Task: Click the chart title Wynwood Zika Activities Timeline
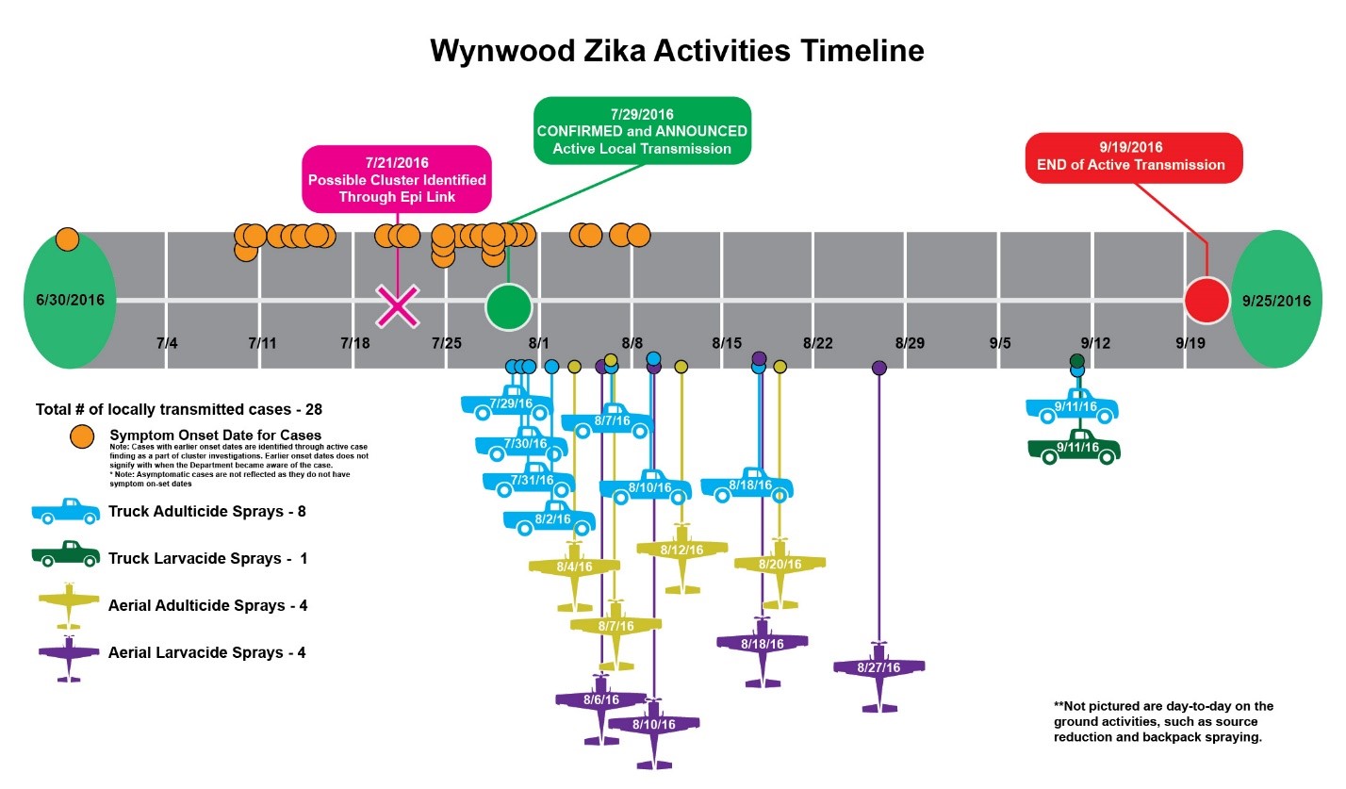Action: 677,51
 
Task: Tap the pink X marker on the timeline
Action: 398,305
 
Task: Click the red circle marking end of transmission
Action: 1206,301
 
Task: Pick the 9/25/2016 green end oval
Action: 1276,301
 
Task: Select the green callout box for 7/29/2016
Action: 642,131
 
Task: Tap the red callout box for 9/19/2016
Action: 1134,156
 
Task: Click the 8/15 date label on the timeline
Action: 727,343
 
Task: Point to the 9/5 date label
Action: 1000,343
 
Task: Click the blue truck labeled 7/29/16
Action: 507,403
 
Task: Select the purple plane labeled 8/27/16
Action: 878,668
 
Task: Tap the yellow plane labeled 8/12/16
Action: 681,550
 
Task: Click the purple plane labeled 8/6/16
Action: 600,700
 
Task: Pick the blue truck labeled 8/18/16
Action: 747,485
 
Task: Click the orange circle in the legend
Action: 83,436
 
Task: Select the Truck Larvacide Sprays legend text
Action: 207,558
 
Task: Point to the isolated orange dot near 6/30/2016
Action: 67,239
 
